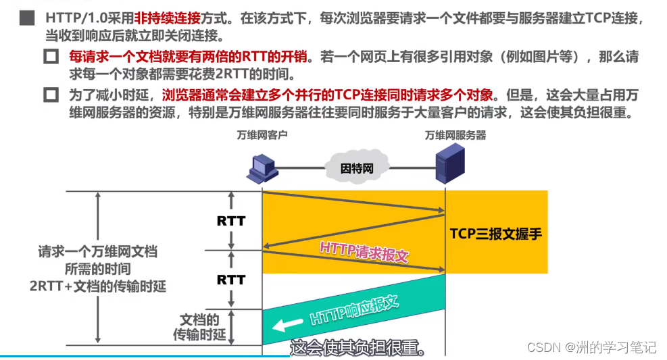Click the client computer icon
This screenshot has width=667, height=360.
(261, 169)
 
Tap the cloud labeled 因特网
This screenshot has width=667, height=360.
(357, 167)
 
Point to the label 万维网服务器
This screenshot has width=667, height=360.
(455, 135)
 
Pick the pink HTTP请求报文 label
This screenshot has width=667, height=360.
(365, 251)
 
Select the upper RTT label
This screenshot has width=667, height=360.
(231, 221)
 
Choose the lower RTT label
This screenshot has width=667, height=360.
(231, 279)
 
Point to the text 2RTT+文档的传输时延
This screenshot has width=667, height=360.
(97, 286)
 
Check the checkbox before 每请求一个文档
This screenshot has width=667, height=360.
(51, 57)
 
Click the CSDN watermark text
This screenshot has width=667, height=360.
(591, 347)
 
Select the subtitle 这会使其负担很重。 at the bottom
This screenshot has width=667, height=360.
(359, 348)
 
